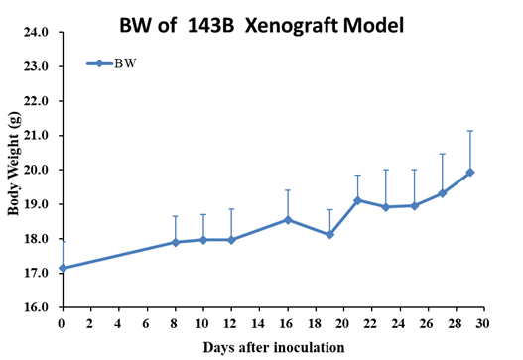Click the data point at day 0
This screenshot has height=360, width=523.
click(63, 268)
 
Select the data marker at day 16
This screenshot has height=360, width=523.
click(288, 220)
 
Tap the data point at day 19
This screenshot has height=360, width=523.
click(329, 235)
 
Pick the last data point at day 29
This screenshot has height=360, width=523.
click(470, 173)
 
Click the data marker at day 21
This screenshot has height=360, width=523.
click(358, 200)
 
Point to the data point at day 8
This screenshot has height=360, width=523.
click(175, 242)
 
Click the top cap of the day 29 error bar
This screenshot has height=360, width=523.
click(470, 131)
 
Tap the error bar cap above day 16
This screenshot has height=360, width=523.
click(288, 190)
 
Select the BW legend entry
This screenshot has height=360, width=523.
click(112, 63)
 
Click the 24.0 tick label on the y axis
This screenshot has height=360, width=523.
click(36, 32)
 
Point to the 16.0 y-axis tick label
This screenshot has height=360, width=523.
click(36, 307)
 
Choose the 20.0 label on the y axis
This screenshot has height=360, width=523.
click(36, 170)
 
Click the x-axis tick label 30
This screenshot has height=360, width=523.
click(482, 323)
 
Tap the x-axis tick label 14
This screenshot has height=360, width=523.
click(258, 323)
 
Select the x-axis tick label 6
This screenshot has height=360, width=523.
click(146, 323)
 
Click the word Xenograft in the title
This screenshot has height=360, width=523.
click(291, 26)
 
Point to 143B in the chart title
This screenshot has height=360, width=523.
click(210, 26)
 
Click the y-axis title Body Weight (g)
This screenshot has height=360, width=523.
click(14, 164)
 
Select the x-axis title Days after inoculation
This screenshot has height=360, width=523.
click(274, 347)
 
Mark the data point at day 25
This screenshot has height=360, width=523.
click(414, 206)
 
